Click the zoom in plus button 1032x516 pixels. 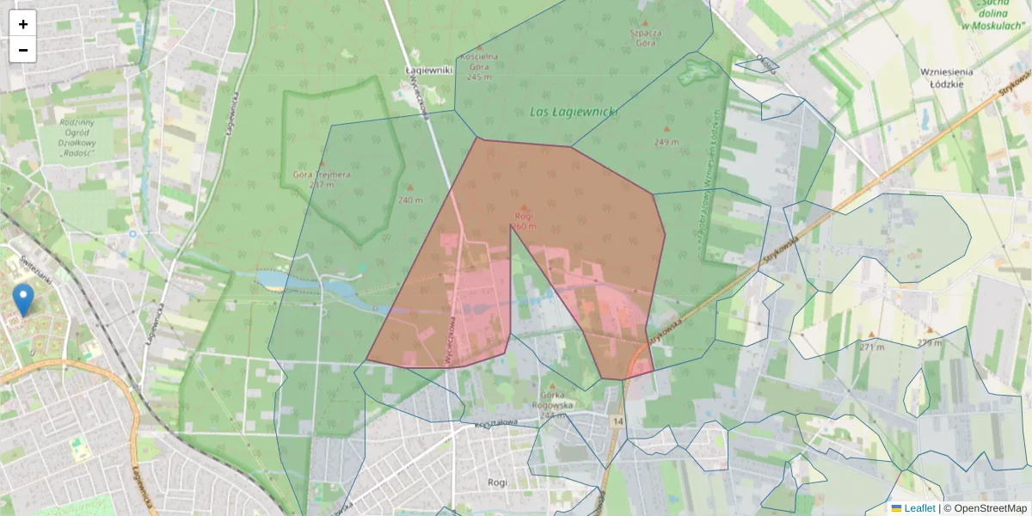pyautogui.click(x=23, y=24)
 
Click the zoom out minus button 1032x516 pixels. pyautogui.click(x=23, y=50)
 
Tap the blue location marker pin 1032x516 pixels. pyautogui.click(x=24, y=300)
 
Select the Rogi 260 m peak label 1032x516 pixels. pyautogui.click(x=524, y=221)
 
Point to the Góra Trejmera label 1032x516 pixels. pyautogui.click(x=322, y=179)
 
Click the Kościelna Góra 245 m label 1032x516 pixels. pyautogui.click(x=479, y=66)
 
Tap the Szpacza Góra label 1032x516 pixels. pyautogui.click(x=644, y=36)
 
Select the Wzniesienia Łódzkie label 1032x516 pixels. pyautogui.click(x=946, y=77)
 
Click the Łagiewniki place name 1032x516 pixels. pyautogui.click(x=428, y=71)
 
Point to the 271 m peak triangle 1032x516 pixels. pyautogui.click(x=872, y=335)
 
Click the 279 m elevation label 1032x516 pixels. pyautogui.click(x=929, y=343)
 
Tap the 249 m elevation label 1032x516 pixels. pyautogui.click(x=666, y=142)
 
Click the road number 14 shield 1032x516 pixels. pyautogui.click(x=617, y=421)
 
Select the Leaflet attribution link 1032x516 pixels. pyautogui.click(x=918, y=508)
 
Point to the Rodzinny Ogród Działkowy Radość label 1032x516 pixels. pyautogui.click(x=77, y=138)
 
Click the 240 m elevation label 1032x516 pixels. pyautogui.click(x=410, y=200)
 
